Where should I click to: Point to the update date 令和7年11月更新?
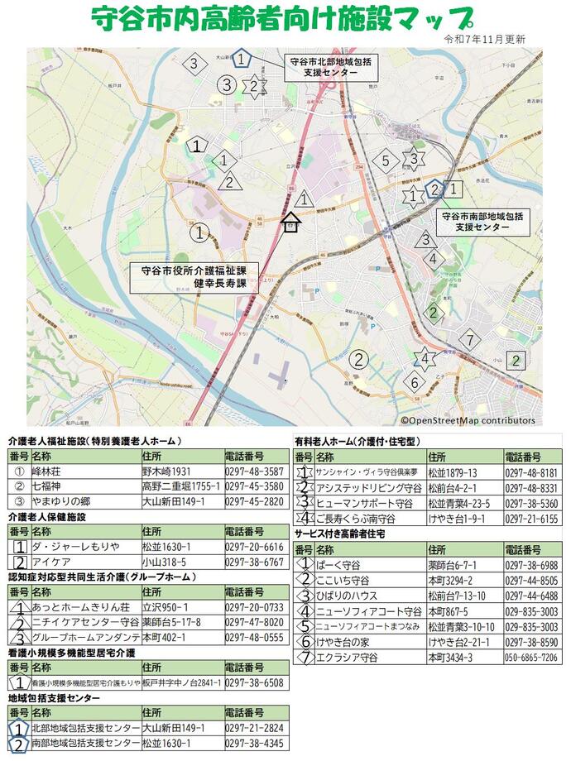click(484, 39)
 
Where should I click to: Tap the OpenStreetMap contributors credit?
click(468, 420)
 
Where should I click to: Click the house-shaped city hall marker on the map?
click(290, 223)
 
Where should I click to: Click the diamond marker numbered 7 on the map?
click(469, 339)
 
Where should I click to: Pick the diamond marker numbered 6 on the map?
click(415, 382)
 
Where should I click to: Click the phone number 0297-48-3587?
click(254, 471)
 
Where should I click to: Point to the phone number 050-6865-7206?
click(533, 657)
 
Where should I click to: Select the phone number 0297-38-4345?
click(254, 744)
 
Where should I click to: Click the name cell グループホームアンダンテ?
click(84, 638)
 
